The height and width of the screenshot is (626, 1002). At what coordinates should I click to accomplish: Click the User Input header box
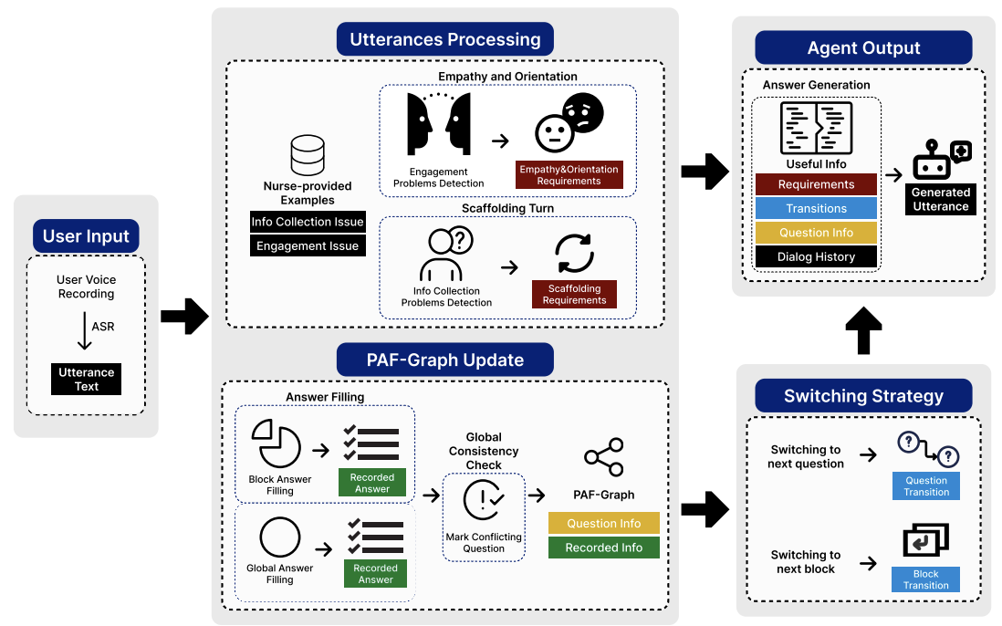[87, 236]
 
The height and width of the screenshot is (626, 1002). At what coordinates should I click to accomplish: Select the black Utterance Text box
[87, 379]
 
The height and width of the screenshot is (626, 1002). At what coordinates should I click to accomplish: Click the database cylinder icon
[308, 156]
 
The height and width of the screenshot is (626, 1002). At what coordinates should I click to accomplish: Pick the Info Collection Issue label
[308, 222]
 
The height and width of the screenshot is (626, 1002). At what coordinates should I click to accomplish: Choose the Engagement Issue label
[308, 245]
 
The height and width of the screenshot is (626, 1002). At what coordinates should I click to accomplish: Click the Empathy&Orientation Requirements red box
[569, 174]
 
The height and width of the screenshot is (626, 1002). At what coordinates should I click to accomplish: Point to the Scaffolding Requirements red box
[574, 294]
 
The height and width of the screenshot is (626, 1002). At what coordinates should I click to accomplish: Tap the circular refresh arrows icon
[574, 253]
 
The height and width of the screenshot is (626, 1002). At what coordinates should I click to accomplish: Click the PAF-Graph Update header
[445, 360]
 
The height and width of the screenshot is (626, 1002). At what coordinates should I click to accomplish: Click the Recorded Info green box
[603, 548]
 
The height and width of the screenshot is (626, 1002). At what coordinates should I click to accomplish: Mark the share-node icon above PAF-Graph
[604, 457]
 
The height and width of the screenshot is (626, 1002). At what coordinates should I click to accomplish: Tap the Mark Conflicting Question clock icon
[484, 499]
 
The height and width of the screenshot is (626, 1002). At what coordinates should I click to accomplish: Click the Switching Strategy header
[863, 396]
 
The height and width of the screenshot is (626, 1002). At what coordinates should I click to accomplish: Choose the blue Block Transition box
[925, 579]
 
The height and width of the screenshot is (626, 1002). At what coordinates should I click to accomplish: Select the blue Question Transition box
[925, 486]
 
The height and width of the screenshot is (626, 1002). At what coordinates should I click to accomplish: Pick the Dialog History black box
[816, 257]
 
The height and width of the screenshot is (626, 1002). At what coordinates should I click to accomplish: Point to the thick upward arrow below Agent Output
[864, 330]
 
